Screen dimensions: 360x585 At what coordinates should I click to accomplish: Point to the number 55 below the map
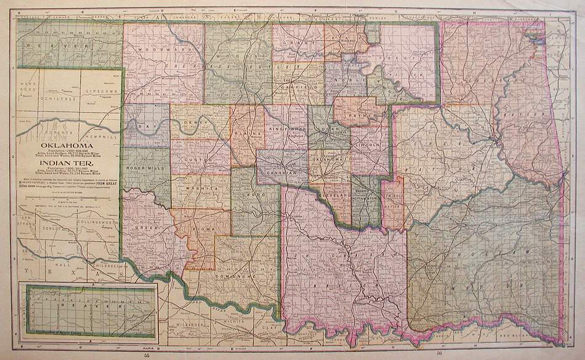(147, 354)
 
